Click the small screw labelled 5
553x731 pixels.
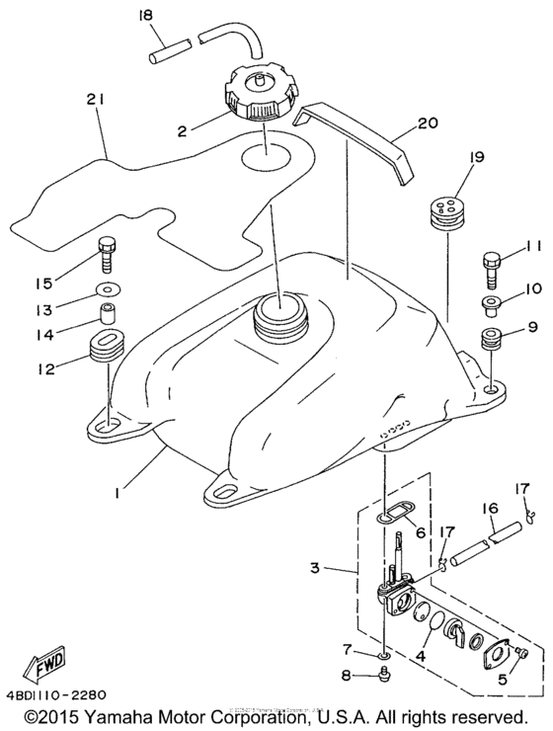522,654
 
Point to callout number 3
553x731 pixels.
315,569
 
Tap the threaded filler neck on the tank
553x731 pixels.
281,321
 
